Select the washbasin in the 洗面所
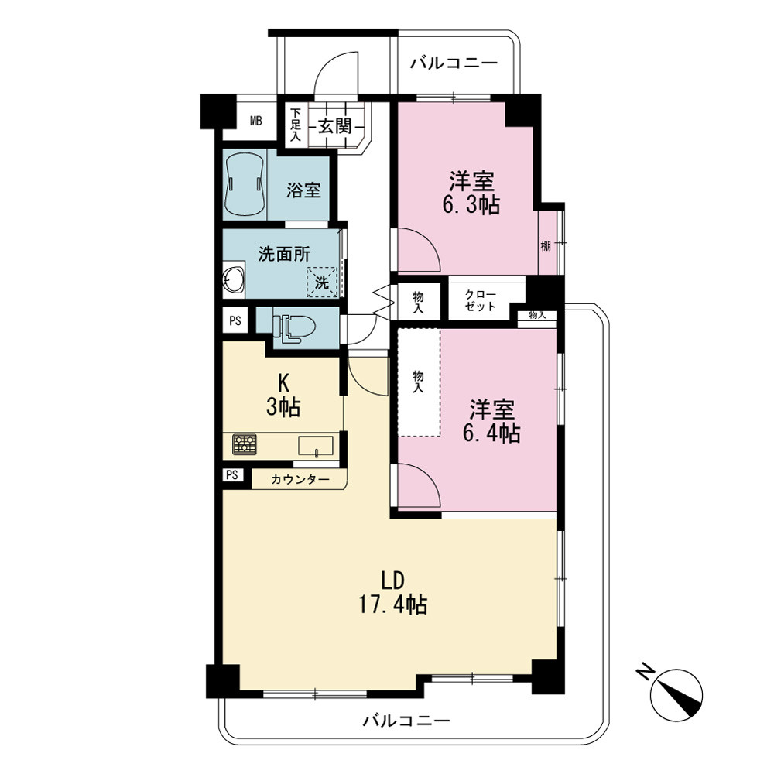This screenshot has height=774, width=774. (233, 281)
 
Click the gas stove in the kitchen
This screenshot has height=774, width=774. (245, 444)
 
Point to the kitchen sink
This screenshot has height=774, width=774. (316, 446)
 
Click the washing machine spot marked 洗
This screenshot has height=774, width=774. (322, 283)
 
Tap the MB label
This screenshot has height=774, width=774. (255, 121)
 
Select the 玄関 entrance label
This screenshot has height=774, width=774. (334, 126)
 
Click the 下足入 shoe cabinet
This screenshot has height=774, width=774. (296, 125)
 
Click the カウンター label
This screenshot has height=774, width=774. (300, 479)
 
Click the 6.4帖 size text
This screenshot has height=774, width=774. (491, 433)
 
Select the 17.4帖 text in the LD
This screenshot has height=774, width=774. (393, 604)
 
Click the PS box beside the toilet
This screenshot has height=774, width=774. (235, 321)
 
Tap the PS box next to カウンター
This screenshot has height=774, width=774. (232, 475)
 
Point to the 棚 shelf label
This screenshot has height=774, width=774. (546, 246)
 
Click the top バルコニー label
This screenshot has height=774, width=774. (454, 63)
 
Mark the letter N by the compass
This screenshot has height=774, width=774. (645, 673)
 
